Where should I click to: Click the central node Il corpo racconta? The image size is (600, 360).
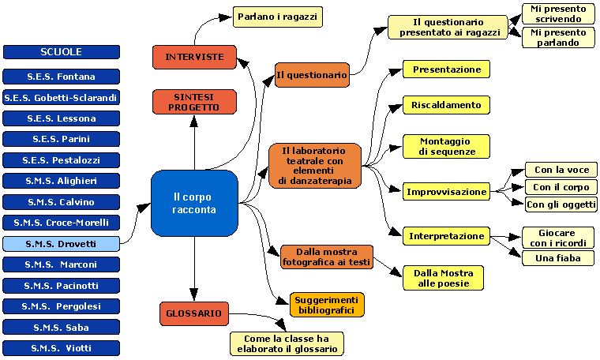[194, 203]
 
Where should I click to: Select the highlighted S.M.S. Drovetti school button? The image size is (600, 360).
[62, 244]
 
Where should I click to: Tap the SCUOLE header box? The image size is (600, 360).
[62, 52]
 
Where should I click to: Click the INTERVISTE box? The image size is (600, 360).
[194, 57]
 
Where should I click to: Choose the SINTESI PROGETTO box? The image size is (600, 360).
[194, 102]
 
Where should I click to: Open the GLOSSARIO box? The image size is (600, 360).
[194, 313]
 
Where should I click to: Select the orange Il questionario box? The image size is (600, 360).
[312, 75]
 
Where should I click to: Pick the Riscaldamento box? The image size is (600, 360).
[446, 104]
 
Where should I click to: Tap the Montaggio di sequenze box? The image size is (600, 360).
[446, 146]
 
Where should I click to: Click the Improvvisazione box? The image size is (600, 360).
[446, 191]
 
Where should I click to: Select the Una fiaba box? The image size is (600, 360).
[558, 258]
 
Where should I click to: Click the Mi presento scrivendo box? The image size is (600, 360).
[558, 13]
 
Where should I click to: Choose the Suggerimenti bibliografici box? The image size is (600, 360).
[327, 304]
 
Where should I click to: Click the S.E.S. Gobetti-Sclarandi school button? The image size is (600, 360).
[62, 98]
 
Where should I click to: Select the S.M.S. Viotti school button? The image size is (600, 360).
[62, 347]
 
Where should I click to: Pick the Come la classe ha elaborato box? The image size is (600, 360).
[287, 343]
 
